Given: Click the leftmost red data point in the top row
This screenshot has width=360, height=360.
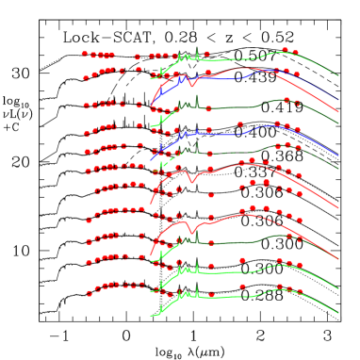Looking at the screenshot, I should [85, 54].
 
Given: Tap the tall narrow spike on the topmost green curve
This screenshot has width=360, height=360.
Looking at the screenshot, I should [197, 49].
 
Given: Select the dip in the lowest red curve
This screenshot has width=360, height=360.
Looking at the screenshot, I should [192, 231].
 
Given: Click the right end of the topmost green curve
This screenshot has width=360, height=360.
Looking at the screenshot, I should [338, 75].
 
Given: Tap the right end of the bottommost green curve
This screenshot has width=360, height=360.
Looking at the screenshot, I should [338, 314].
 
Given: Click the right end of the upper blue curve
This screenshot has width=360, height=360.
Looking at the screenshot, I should [338, 100].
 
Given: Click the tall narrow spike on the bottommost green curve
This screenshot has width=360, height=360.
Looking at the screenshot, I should [197, 287].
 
